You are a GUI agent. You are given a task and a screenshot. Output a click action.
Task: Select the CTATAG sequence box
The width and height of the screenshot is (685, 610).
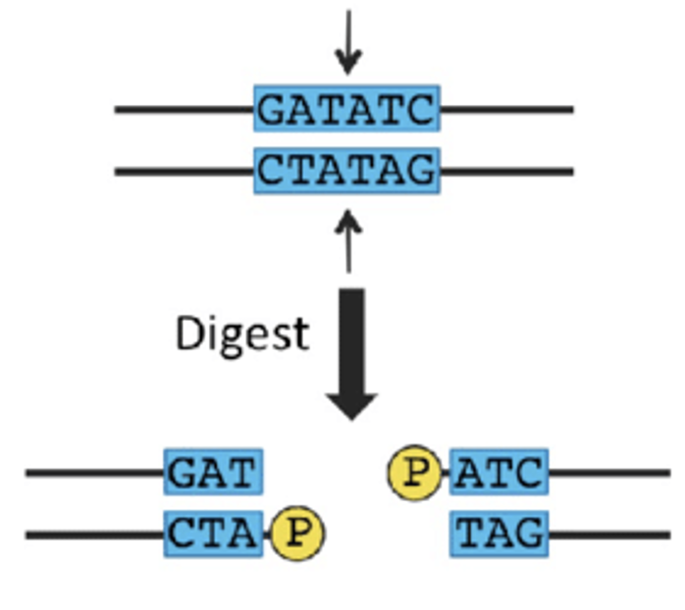346,171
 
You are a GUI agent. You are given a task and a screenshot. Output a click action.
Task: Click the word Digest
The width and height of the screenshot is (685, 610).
241,334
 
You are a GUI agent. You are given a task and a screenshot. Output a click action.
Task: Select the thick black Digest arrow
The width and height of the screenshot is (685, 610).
350,353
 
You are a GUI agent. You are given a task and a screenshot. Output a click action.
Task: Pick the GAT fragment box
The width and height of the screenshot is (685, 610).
214,473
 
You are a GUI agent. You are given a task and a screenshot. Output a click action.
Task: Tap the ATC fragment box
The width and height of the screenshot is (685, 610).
499,473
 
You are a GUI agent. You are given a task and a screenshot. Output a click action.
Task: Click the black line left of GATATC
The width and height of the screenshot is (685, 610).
184,109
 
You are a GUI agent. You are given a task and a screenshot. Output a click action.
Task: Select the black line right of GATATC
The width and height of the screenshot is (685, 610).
505,109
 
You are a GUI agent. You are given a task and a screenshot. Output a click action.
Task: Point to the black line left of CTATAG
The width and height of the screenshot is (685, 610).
184,172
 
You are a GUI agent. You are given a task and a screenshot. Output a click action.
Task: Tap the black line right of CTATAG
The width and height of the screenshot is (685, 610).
505,172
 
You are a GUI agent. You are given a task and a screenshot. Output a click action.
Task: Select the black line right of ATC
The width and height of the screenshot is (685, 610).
608,473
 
